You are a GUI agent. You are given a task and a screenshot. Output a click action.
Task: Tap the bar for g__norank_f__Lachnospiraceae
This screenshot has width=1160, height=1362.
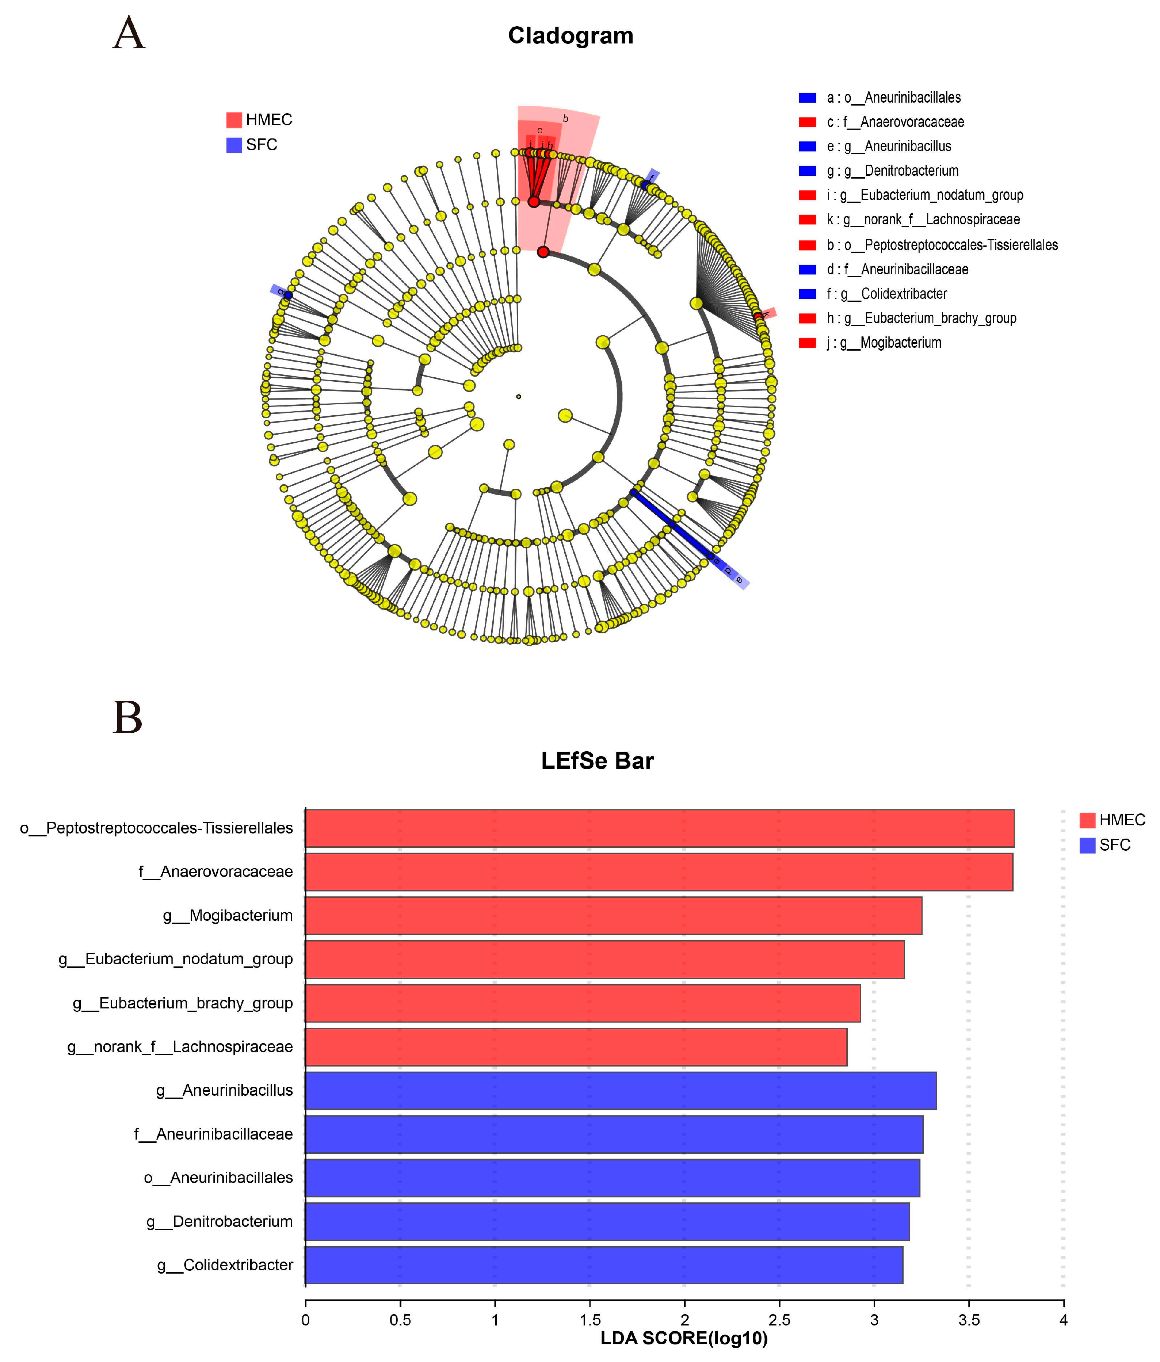(576, 1047)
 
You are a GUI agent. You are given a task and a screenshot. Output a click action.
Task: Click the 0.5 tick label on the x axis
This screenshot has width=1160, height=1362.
(400, 1319)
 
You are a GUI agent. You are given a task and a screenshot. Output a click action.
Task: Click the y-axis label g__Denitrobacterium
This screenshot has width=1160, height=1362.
(220, 1221)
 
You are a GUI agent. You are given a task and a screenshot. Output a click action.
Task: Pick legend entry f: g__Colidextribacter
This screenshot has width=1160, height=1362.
(886, 294)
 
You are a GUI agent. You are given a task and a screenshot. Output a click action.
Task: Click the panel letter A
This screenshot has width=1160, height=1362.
(129, 34)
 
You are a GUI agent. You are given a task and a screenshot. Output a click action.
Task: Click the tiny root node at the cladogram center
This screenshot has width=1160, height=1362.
(519, 396)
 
